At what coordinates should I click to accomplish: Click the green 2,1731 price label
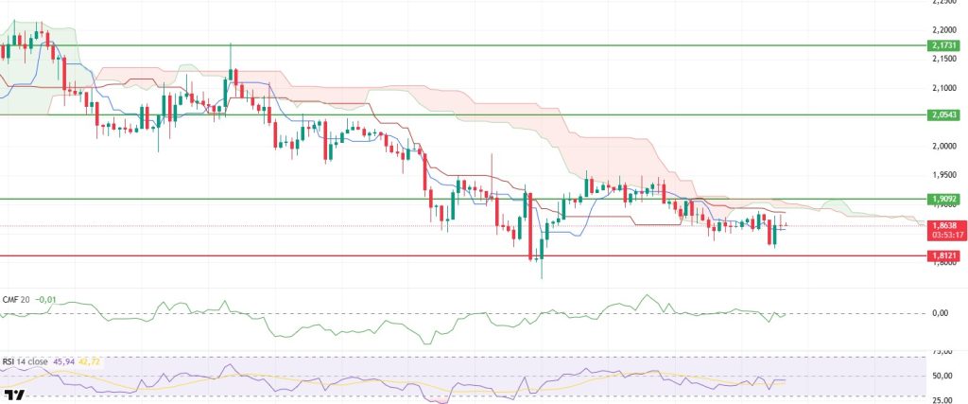tap(943, 44)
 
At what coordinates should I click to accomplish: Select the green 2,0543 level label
tap(943, 114)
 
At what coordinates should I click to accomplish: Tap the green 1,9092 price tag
tap(943, 200)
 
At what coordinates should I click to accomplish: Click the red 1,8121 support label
tap(943, 255)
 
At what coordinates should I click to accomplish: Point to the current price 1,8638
tap(943, 225)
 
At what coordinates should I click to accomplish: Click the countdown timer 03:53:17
tap(943, 235)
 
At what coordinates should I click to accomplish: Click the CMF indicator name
tap(10, 300)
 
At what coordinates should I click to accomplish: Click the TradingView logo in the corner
tap(13, 395)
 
